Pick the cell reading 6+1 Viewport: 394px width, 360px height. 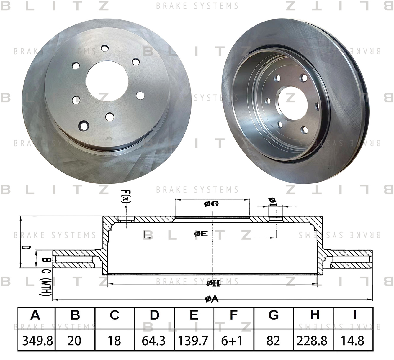pyautogui.click(x=232, y=341)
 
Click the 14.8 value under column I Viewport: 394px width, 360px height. pyautogui.click(x=353, y=341)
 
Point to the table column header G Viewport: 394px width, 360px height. pyautogui.click(x=273, y=315)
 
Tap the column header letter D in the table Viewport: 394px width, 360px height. pyautogui.click(x=154, y=315)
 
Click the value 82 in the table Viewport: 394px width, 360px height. pyautogui.click(x=273, y=341)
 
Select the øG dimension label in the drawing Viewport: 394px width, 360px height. pyautogui.click(x=211, y=204)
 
